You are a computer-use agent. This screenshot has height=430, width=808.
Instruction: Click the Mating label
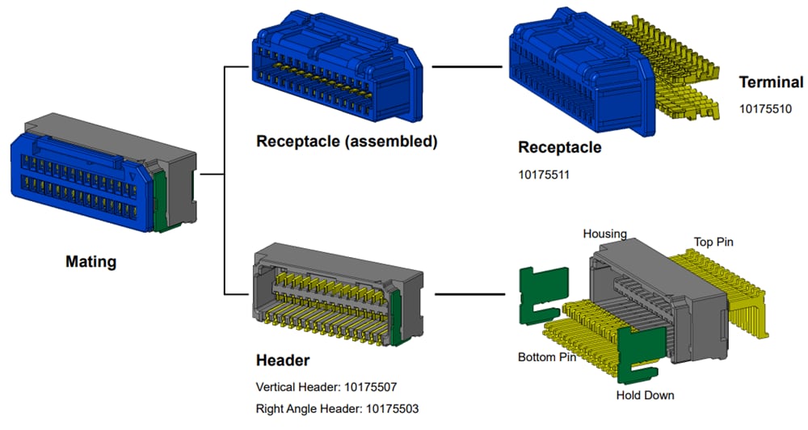[x=90, y=262]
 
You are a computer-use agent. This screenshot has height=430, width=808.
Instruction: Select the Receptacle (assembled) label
[x=347, y=142]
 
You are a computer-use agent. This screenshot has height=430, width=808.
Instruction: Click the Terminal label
[x=771, y=82]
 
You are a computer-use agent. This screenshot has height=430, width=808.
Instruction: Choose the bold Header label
[x=283, y=360]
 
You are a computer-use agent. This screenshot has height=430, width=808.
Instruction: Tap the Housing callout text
[x=604, y=234]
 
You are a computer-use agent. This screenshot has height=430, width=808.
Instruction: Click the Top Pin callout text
[x=713, y=242]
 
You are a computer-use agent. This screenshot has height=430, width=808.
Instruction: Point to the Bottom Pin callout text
[x=546, y=357]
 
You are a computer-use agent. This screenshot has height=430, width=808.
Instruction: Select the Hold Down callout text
[x=645, y=395]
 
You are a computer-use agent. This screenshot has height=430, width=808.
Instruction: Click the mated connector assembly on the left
[x=101, y=173]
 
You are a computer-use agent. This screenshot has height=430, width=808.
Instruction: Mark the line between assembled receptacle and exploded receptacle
[x=464, y=66]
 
